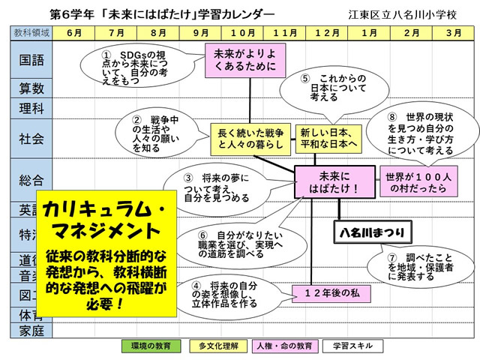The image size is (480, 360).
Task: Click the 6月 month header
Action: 73,33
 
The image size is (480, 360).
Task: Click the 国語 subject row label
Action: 31,58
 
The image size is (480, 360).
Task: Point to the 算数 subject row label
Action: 31,88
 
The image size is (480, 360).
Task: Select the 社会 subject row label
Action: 31,139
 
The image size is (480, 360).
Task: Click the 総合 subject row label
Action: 31,180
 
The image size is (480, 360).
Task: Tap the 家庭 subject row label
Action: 31,330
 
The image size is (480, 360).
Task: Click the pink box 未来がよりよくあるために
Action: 244,59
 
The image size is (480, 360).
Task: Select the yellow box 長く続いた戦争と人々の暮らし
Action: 250,137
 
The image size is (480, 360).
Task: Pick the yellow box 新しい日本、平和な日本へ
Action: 328,137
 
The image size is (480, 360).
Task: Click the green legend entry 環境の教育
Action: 151,346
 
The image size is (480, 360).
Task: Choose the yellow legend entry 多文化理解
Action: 218,346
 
